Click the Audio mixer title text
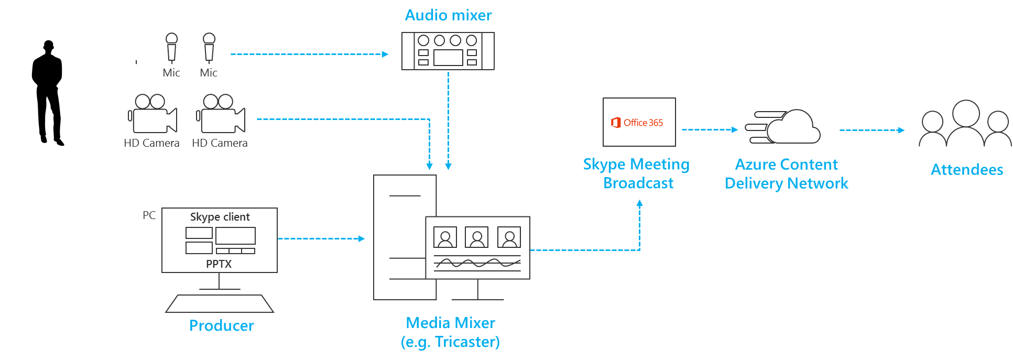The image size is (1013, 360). point(448,15)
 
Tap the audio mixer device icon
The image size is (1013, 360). point(448,51)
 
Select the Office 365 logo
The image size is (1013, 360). point(637,122)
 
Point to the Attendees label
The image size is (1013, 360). point(967,170)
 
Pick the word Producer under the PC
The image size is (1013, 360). point(222,326)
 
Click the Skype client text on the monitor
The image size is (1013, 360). point(220,217)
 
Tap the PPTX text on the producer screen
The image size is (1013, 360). point(219,264)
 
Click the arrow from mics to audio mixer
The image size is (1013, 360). point(309,54)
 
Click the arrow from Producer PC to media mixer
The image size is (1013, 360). point(321,238)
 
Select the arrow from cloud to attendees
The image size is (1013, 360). point(872,130)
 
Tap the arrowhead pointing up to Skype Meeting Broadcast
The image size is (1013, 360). point(639,203)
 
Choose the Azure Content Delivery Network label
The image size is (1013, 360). point(787,173)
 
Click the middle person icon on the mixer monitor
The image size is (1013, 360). point(477,237)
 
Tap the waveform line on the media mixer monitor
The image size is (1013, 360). point(477,263)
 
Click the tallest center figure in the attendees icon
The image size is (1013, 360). point(966,123)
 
